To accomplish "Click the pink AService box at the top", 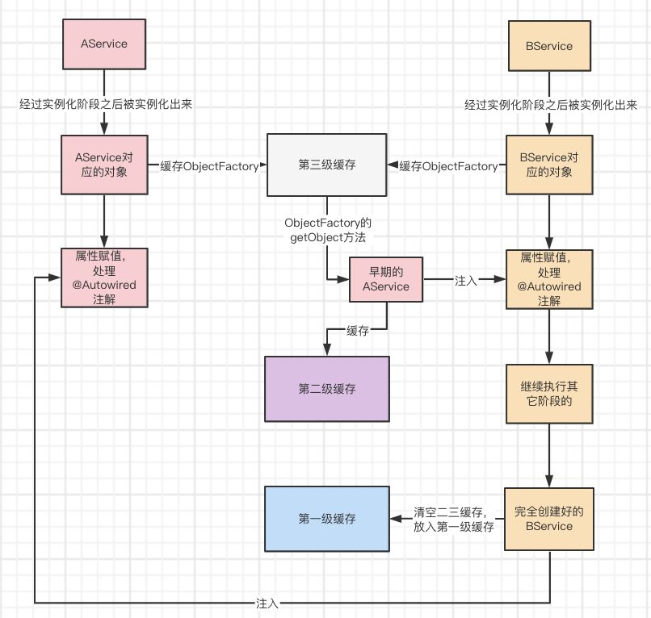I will [104, 44].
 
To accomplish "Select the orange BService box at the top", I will [549, 46].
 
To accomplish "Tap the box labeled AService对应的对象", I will [104, 165].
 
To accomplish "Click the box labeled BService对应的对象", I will [549, 165].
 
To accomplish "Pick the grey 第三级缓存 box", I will [327, 165].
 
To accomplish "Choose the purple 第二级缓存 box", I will [327, 388].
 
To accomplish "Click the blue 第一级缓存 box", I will [327, 518].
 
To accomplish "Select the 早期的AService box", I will [385, 280].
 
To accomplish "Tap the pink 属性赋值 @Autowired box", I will [104, 277].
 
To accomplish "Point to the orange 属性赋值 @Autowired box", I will [549, 279].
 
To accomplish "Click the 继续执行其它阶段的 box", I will [549, 394].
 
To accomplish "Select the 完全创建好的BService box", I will [549, 519].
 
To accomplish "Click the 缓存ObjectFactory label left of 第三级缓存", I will [209, 166].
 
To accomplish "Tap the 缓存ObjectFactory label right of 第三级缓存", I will [448, 166].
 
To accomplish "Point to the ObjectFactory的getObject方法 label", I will [327, 230].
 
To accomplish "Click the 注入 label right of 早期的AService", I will [466, 281].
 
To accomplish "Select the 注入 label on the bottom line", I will [267, 603].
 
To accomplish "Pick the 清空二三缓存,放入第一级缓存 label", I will [453, 519].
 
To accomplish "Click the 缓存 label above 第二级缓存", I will [358, 331].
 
